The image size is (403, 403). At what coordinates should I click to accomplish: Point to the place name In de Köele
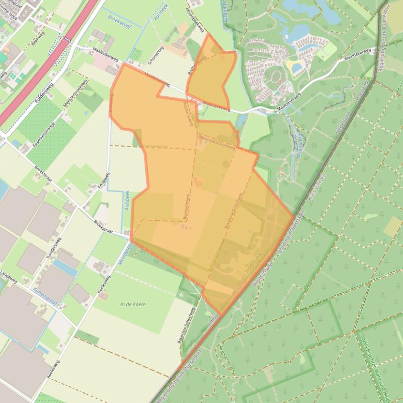click(132, 304)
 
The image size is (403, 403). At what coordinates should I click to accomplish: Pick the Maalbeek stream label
click(225, 16)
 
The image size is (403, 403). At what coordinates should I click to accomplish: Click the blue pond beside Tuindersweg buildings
click(65, 267)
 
